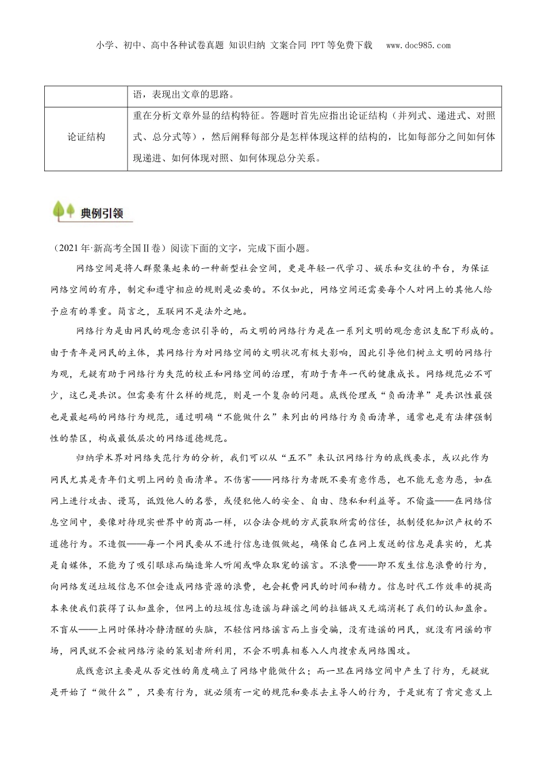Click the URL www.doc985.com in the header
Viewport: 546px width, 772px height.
coord(418,45)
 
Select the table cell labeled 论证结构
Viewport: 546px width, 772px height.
coord(86,137)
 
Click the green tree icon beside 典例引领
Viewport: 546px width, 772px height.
coord(63,211)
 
